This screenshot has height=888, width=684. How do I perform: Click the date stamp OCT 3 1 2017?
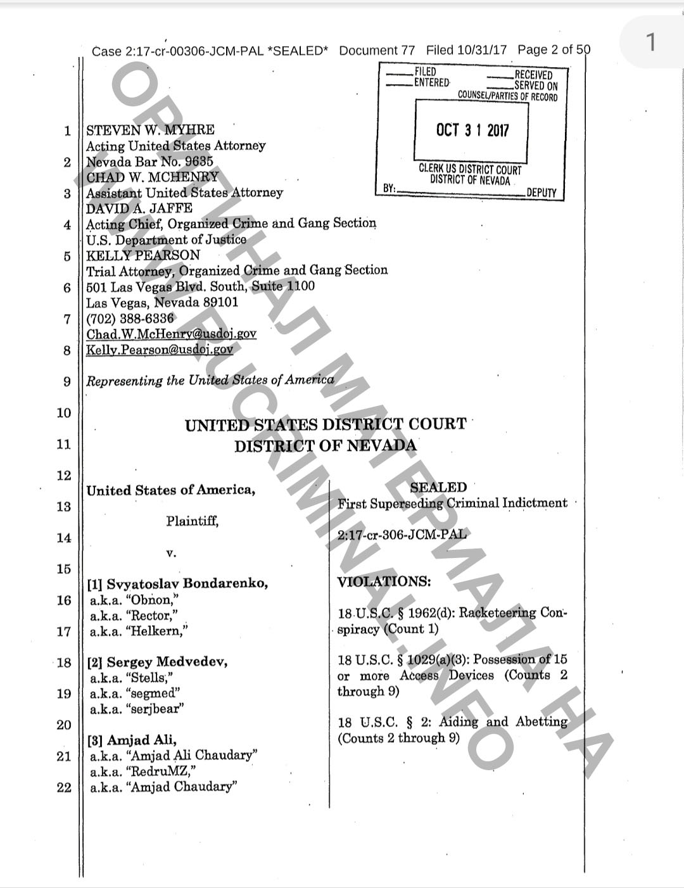472,130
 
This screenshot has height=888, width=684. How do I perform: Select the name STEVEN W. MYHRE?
150,130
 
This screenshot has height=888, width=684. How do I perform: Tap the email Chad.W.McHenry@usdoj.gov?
171,334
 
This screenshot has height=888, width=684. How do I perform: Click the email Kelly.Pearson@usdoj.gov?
160,349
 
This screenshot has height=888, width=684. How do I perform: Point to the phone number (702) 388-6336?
130,318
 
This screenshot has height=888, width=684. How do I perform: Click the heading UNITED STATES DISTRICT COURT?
326,424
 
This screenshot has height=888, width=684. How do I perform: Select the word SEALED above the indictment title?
438,487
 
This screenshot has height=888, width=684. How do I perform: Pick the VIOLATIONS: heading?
384,581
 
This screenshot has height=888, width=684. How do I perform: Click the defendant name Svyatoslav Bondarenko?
187,584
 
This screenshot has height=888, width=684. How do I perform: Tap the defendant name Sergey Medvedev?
167,662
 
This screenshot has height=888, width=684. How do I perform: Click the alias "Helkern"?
156,631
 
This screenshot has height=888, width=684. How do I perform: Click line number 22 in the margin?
64,789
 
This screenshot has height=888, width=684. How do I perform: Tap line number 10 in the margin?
64,413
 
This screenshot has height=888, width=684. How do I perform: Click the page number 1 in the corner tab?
650,43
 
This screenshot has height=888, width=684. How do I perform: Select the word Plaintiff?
193,521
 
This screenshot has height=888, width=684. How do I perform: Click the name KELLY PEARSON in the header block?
143,255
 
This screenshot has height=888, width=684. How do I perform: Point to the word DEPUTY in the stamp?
541,193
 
